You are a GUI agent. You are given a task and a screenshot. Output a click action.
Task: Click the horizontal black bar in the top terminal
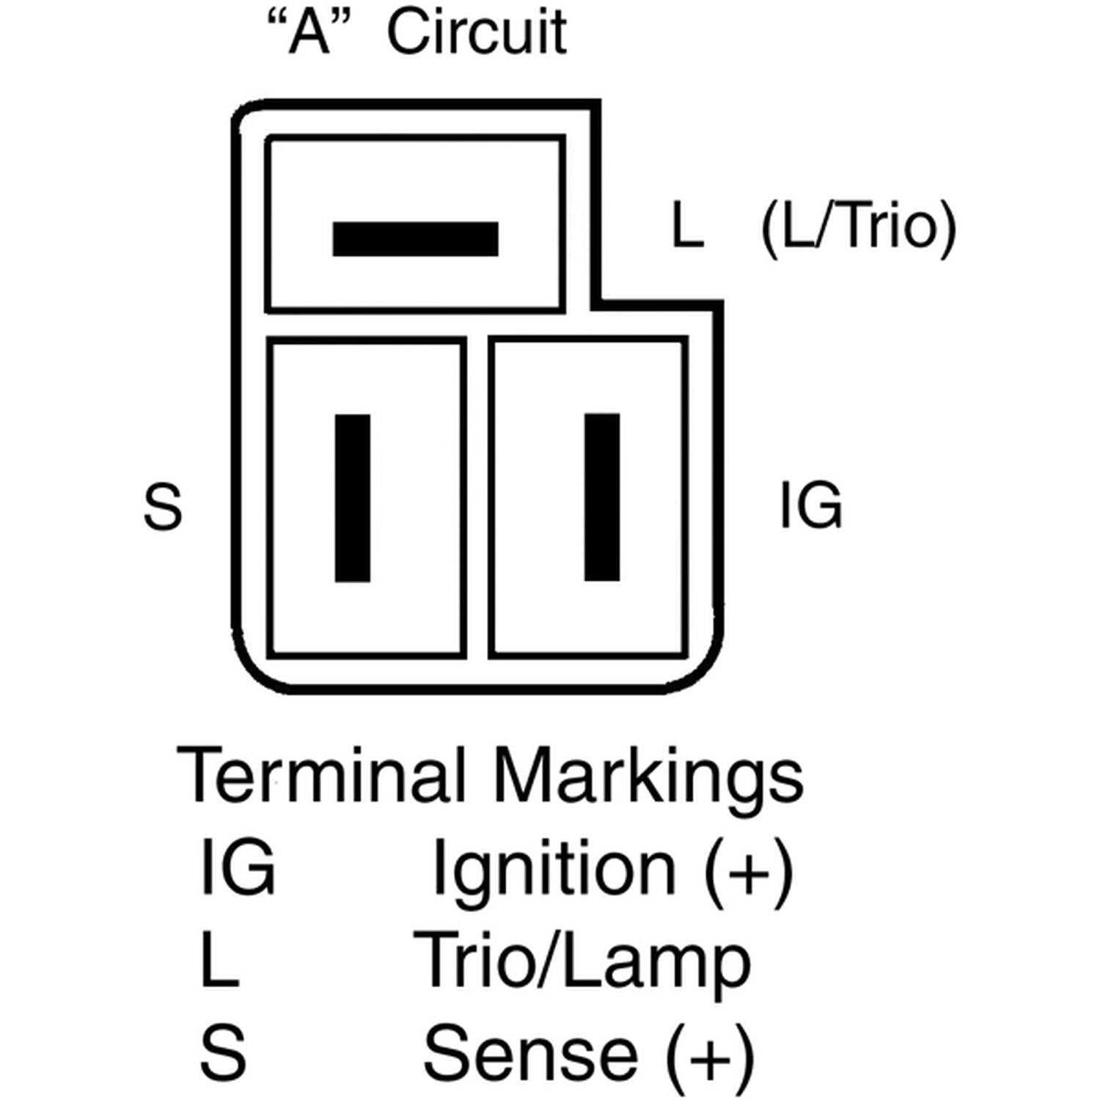coord(415,239)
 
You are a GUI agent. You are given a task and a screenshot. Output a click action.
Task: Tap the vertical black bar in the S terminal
coord(352,498)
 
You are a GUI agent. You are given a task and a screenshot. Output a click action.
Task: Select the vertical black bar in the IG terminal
coord(601,497)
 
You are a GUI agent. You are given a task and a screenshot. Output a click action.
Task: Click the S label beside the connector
coord(162,507)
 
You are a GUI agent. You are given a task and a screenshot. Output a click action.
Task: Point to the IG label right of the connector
coord(810,505)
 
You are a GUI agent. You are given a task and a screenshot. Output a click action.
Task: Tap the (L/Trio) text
coord(859,227)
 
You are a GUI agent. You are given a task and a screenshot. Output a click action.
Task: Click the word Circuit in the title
coord(477,32)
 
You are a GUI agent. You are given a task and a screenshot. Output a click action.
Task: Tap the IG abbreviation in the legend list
coord(237,868)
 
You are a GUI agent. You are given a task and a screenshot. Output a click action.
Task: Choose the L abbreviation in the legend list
coord(219,960)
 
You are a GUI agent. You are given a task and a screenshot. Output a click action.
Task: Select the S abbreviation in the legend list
coord(222,1053)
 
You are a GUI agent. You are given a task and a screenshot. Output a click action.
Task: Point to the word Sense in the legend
coord(530,1053)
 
